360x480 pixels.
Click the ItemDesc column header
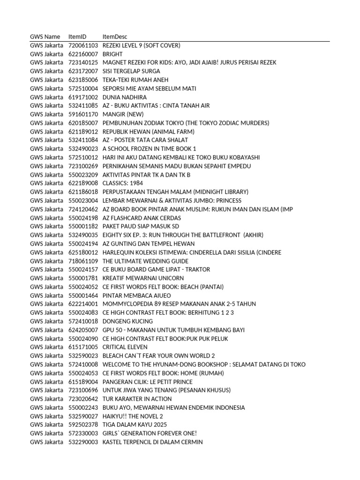click(114, 37)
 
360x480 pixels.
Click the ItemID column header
click(77, 37)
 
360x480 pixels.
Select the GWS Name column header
click(45, 37)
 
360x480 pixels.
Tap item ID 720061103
click(83, 45)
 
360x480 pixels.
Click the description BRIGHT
click(112, 54)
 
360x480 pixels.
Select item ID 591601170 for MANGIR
click(83, 114)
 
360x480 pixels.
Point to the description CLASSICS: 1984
click(123, 183)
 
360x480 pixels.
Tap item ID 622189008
click(83, 183)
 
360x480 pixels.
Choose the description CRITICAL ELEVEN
click(125, 347)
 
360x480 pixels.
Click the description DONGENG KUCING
click(127, 321)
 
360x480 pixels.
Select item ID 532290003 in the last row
click(83, 442)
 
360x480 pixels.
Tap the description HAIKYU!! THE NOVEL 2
click(133, 416)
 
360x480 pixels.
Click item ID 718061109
click(83, 261)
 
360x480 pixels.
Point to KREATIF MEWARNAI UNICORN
click(143, 278)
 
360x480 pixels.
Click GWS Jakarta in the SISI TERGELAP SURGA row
click(46, 71)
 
